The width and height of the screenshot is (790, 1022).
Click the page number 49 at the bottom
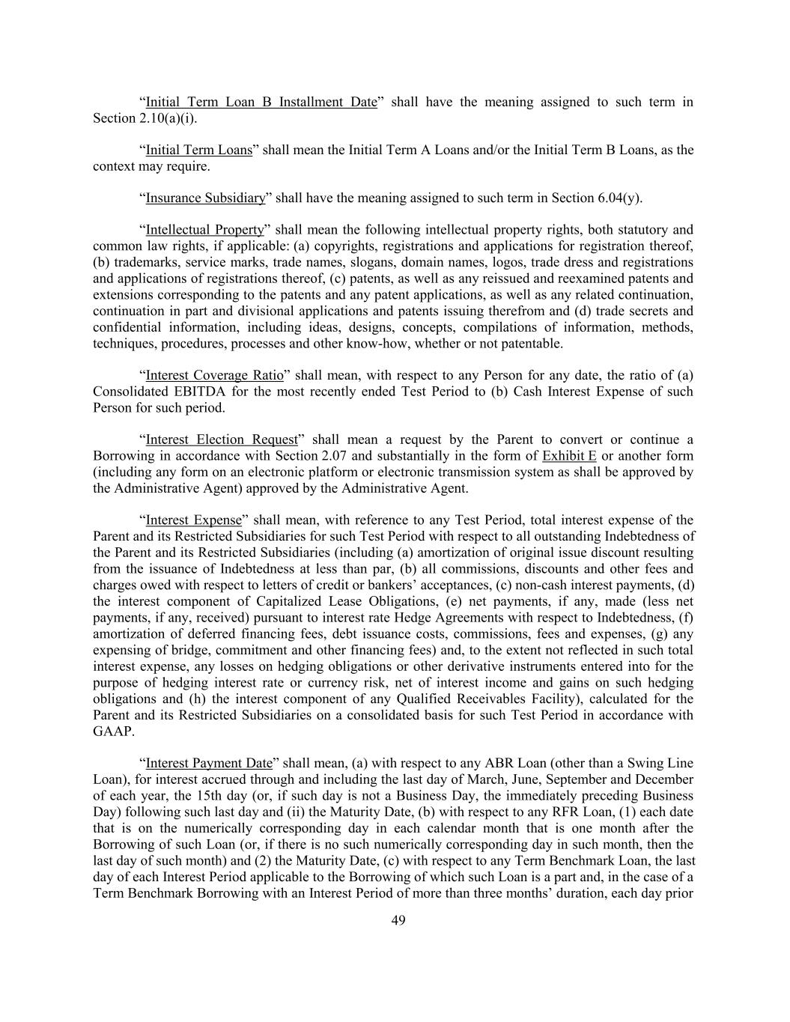tap(398, 921)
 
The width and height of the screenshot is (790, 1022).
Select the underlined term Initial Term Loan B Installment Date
tap(261, 102)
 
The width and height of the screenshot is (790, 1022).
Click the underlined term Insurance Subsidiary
tap(205, 198)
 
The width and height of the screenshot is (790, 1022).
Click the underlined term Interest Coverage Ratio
tap(214, 375)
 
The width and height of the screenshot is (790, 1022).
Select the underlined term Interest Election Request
tap(222, 439)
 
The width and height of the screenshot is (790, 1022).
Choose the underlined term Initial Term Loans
tap(198, 150)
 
